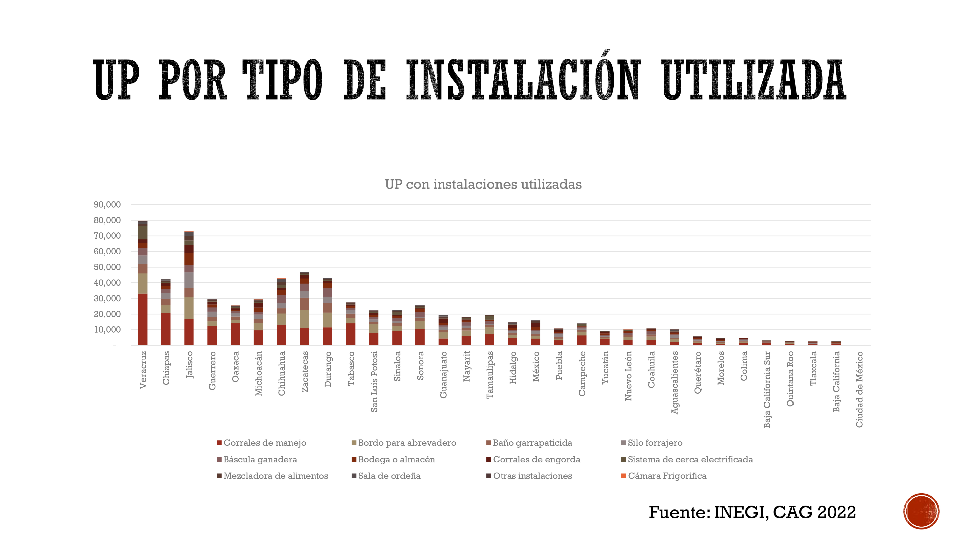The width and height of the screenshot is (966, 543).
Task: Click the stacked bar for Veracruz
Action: (x=142, y=283)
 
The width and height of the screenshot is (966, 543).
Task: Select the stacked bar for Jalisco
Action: (x=189, y=288)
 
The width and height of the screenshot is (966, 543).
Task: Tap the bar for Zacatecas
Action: (x=305, y=308)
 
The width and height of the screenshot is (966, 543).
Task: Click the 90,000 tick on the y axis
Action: (x=107, y=205)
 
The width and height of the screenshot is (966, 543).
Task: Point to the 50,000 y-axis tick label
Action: (x=107, y=267)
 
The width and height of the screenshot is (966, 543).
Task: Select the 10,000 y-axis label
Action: (x=107, y=330)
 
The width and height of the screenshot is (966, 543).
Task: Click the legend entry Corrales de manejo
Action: (x=261, y=443)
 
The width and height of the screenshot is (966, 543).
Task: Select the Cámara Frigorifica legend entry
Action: (x=664, y=476)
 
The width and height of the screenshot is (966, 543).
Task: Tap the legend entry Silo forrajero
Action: (x=652, y=443)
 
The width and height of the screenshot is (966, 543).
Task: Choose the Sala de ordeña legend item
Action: (x=386, y=476)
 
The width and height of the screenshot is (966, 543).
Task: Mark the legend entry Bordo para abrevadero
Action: (x=404, y=443)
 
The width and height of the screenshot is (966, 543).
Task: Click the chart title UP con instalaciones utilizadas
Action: (x=483, y=184)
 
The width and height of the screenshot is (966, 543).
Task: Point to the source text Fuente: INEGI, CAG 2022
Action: (x=752, y=512)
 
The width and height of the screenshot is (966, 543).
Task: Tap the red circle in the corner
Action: (x=921, y=511)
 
